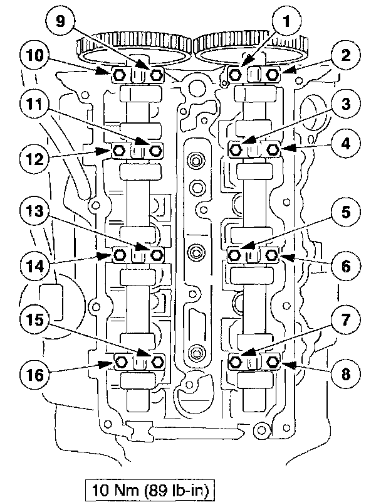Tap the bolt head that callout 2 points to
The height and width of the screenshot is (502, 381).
coord(273,75)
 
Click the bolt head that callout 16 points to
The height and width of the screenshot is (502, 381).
coord(122,362)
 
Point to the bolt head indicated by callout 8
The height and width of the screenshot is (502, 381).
coord(273,362)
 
